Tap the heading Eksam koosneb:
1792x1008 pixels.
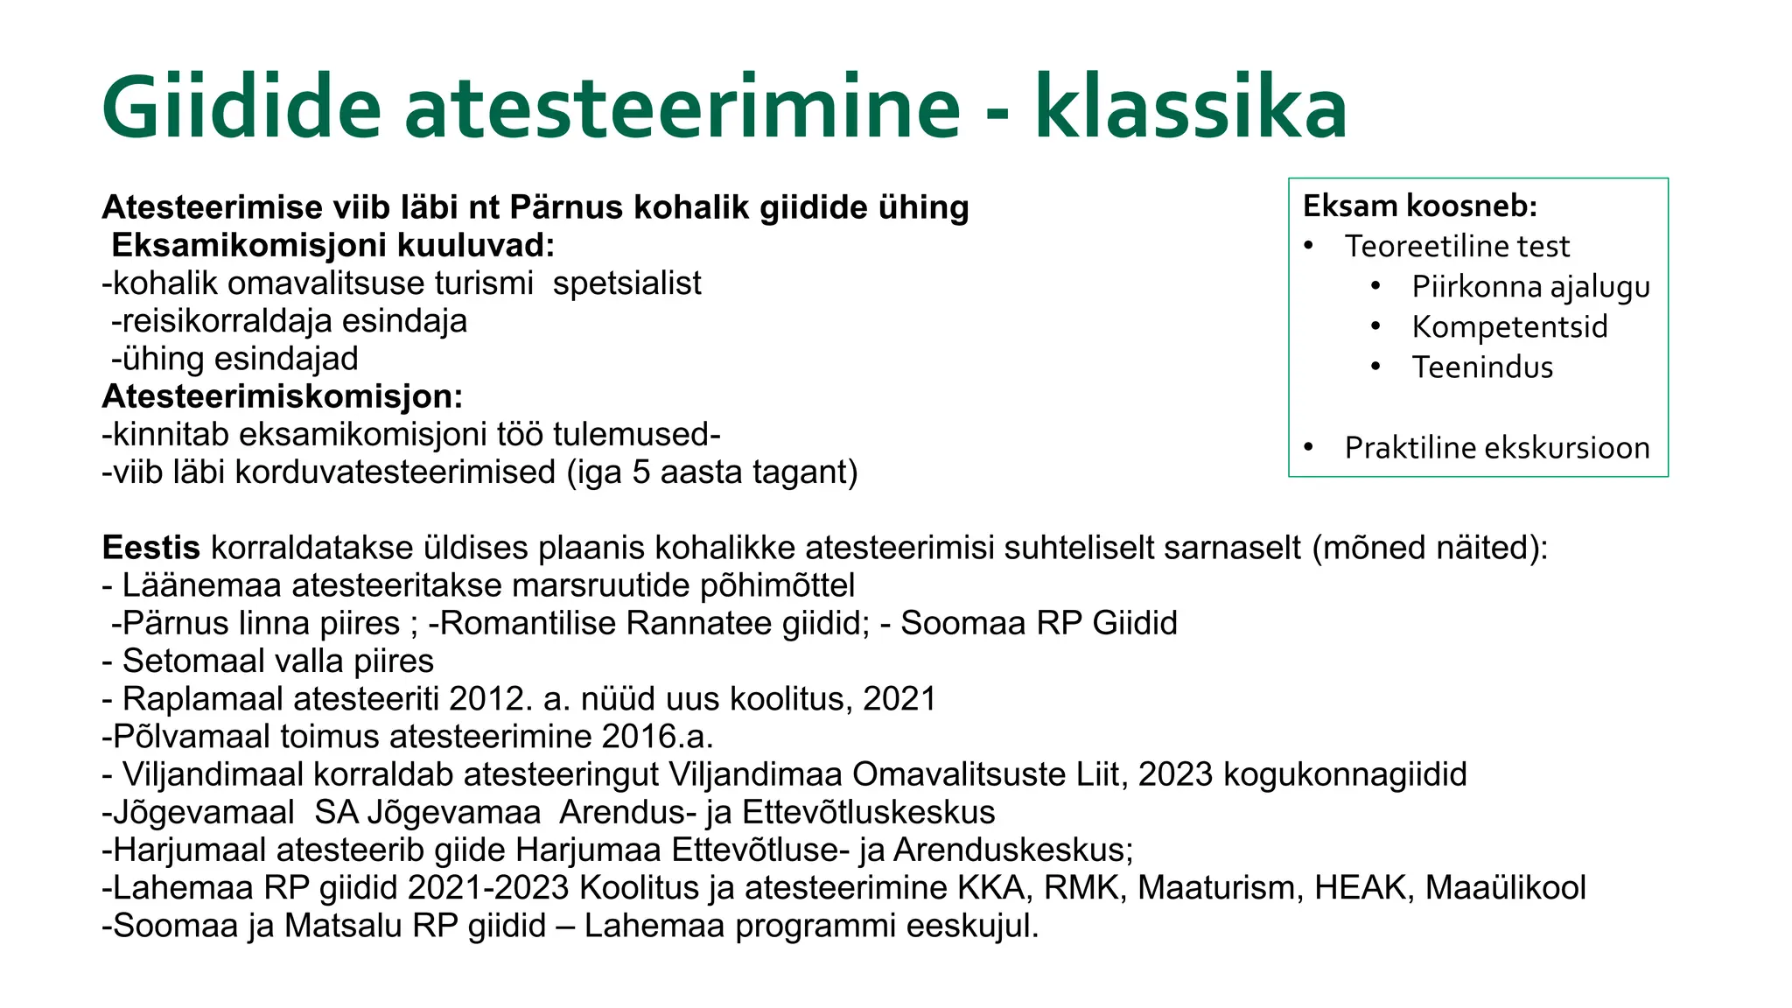click(x=1419, y=206)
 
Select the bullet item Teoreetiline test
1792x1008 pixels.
click(x=1457, y=247)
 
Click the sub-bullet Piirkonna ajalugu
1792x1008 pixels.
click(x=1530, y=287)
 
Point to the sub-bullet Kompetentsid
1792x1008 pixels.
click(x=1509, y=327)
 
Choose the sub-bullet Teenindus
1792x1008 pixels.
click(x=1482, y=367)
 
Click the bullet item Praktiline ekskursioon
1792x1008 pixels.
click(x=1496, y=448)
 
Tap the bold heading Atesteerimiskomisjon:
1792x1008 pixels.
click(x=282, y=397)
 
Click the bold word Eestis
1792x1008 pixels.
click(x=150, y=548)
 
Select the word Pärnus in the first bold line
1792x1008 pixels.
click(x=565, y=208)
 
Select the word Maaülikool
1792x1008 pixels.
click(x=1505, y=888)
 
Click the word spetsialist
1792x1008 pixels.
click(x=626, y=283)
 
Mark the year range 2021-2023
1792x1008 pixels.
click(x=488, y=888)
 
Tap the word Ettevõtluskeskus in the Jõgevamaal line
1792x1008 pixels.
click(x=868, y=813)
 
